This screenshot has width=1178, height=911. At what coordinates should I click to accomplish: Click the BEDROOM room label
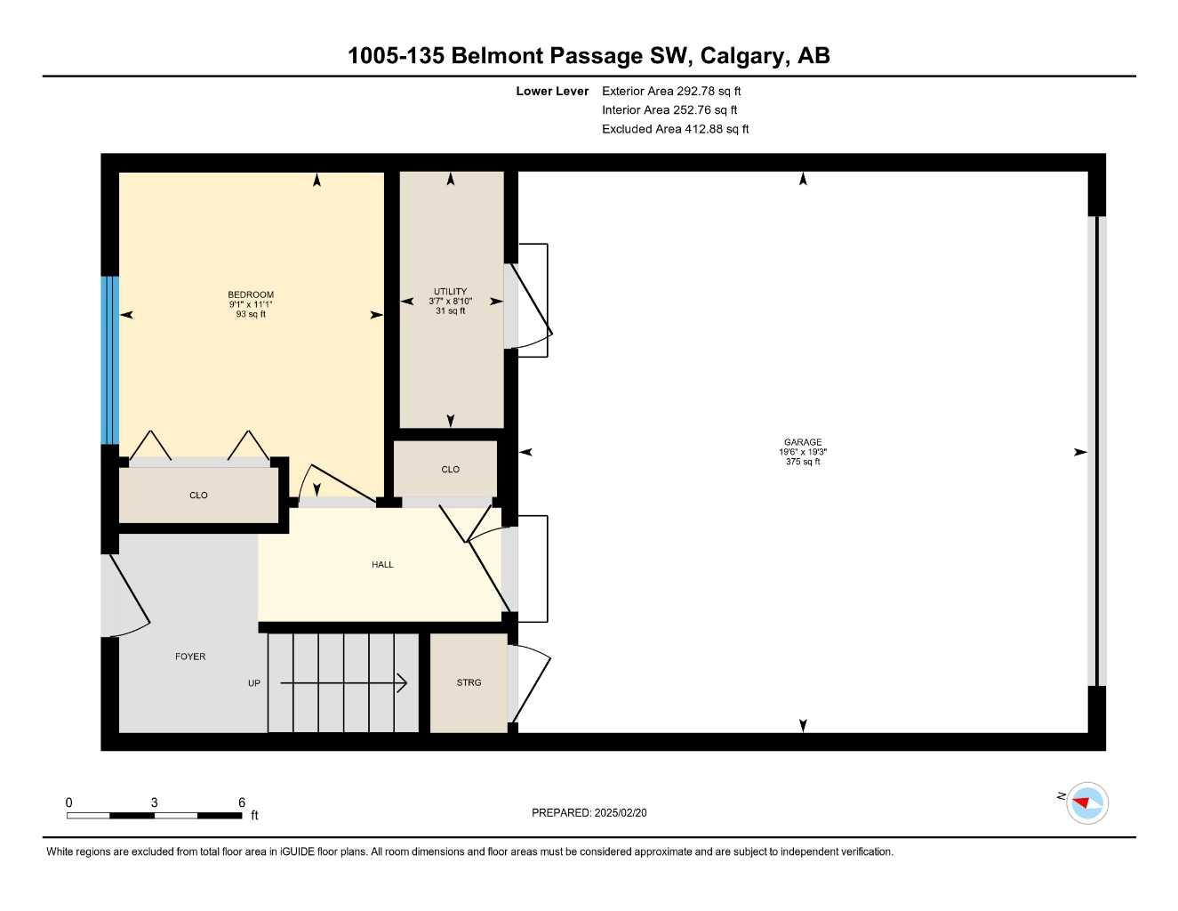click(x=251, y=294)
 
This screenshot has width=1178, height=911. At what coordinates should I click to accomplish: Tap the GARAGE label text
click(x=802, y=442)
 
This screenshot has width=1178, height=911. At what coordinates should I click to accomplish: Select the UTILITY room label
click(x=450, y=291)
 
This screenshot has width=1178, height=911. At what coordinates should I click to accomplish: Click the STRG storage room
click(x=469, y=682)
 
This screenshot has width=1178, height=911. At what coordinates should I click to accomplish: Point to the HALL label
click(x=382, y=564)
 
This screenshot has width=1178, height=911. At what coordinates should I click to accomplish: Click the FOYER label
click(x=190, y=657)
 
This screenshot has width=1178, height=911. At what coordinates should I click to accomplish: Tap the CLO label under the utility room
click(x=450, y=469)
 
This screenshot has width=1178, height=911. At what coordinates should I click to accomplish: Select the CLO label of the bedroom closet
click(x=198, y=496)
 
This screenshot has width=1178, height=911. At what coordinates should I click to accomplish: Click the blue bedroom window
click(x=109, y=359)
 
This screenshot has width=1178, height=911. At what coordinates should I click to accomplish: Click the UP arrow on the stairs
click(x=343, y=683)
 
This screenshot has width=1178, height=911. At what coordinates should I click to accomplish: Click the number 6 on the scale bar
click(x=242, y=802)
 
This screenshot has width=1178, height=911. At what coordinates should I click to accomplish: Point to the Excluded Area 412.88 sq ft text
click(x=675, y=129)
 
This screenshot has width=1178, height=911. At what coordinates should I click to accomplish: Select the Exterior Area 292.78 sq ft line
click(x=671, y=91)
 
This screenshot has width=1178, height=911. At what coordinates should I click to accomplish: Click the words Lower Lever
click(x=552, y=91)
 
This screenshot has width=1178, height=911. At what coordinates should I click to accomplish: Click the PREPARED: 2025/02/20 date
click(x=589, y=812)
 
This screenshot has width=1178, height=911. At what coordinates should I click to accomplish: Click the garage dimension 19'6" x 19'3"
click(x=802, y=452)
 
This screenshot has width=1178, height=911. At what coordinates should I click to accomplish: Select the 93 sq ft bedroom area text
click(x=251, y=314)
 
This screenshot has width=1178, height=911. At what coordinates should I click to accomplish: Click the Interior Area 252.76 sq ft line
click(x=669, y=110)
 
